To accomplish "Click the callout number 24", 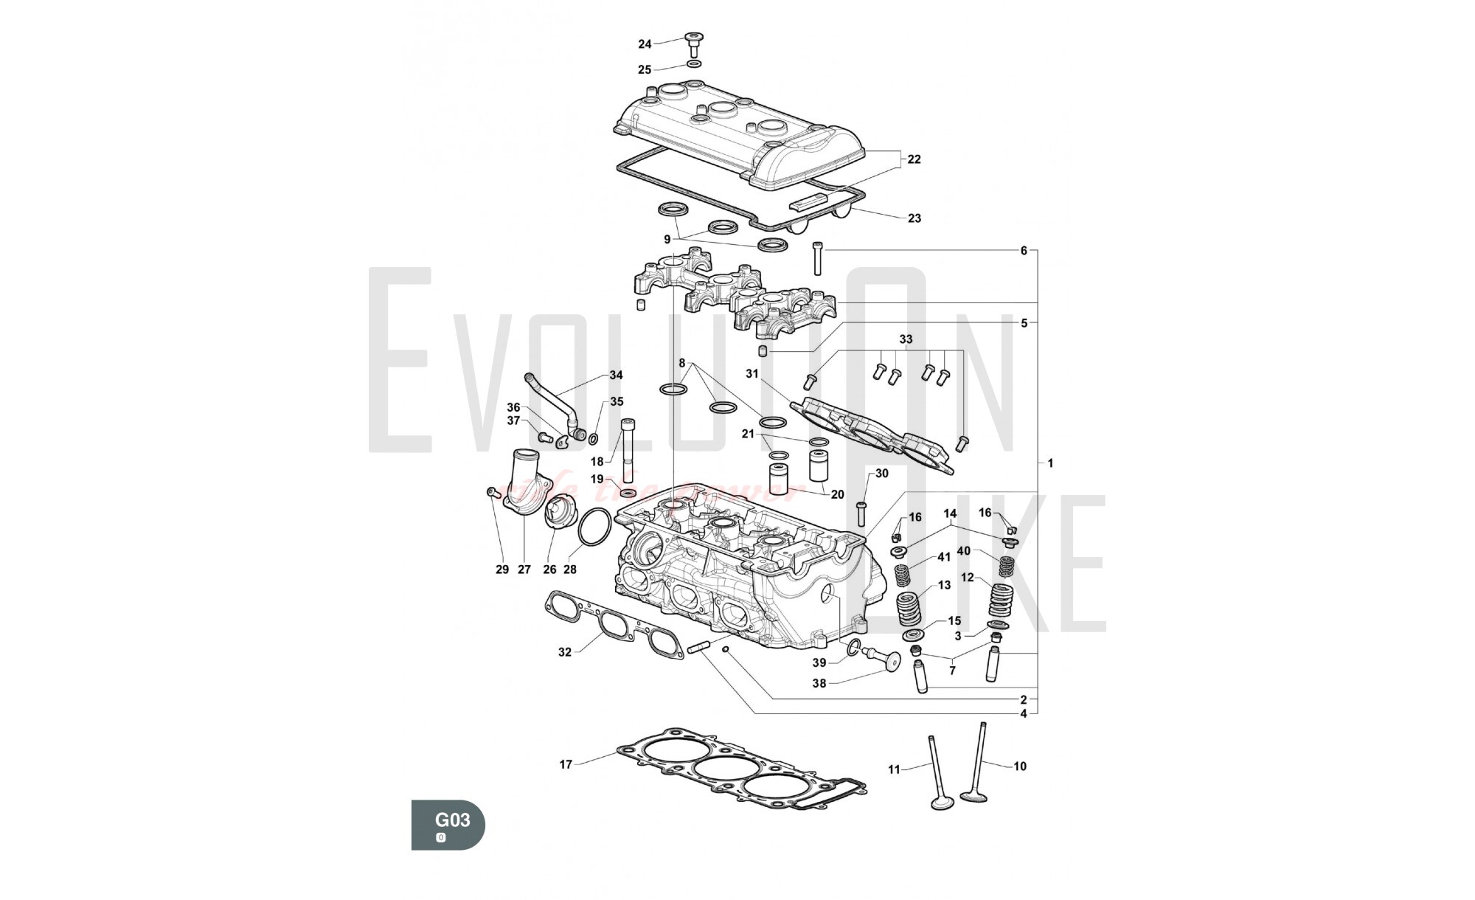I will click(x=645, y=44).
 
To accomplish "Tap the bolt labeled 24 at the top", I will click(x=693, y=43).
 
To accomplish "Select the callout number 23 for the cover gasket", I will click(x=914, y=218).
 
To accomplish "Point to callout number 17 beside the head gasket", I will click(x=566, y=764).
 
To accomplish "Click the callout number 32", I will click(x=565, y=652).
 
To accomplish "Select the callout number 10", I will click(x=1020, y=766).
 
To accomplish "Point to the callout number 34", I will click(x=616, y=375).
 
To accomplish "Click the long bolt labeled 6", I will click(x=817, y=258).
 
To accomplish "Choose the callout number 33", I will click(x=906, y=339).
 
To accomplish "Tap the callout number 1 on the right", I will click(x=1050, y=463).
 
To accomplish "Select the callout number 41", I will click(x=944, y=557).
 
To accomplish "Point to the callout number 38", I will click(x=819, y=683).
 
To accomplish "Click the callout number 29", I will click(x=502, y=570).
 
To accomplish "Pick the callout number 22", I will click(x=914, y=159).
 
